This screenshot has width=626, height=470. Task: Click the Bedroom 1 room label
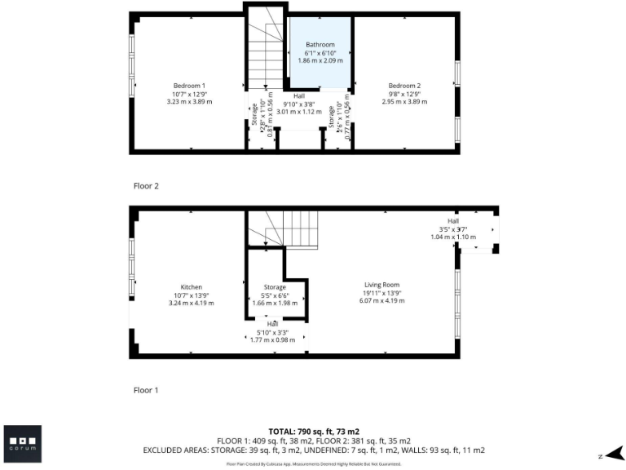188,86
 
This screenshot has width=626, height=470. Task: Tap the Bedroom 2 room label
404,86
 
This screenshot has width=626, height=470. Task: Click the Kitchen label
192,287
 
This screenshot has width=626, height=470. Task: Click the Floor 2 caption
146,186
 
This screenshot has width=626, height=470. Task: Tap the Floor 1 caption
146,390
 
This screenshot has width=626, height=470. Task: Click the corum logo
22,444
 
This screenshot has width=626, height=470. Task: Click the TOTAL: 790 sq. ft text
314,431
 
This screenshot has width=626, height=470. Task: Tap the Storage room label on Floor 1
275,287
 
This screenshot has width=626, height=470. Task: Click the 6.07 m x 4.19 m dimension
381,301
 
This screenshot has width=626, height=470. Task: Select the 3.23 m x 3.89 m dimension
188,102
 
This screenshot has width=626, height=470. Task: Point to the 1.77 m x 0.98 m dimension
273,339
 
